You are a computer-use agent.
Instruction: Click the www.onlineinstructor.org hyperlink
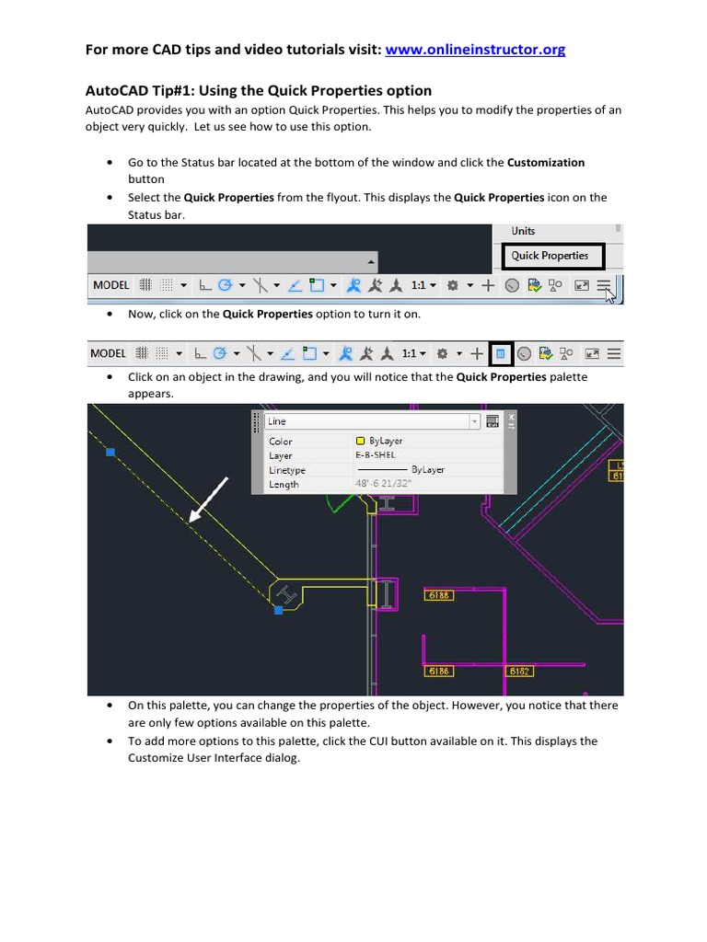(475, 50)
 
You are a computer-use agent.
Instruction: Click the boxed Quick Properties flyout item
(550, 256)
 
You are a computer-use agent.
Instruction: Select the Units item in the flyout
(523, 231)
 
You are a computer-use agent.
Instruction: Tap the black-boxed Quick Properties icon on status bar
(500, 353)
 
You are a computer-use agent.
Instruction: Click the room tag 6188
(439, 595)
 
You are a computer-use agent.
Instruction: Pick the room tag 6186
(438, 672)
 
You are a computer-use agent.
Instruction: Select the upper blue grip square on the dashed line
(110, 452)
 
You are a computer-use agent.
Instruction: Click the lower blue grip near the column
(278, 609)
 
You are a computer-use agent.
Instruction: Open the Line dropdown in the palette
(474, 421)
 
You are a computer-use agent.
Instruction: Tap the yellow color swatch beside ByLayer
(360, 441)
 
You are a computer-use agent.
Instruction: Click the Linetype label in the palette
(287, 470)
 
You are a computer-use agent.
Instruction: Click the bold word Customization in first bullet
(546, 162)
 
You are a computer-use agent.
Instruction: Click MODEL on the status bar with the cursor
(111, 285)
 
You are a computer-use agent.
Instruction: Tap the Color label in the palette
(281, 442)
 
